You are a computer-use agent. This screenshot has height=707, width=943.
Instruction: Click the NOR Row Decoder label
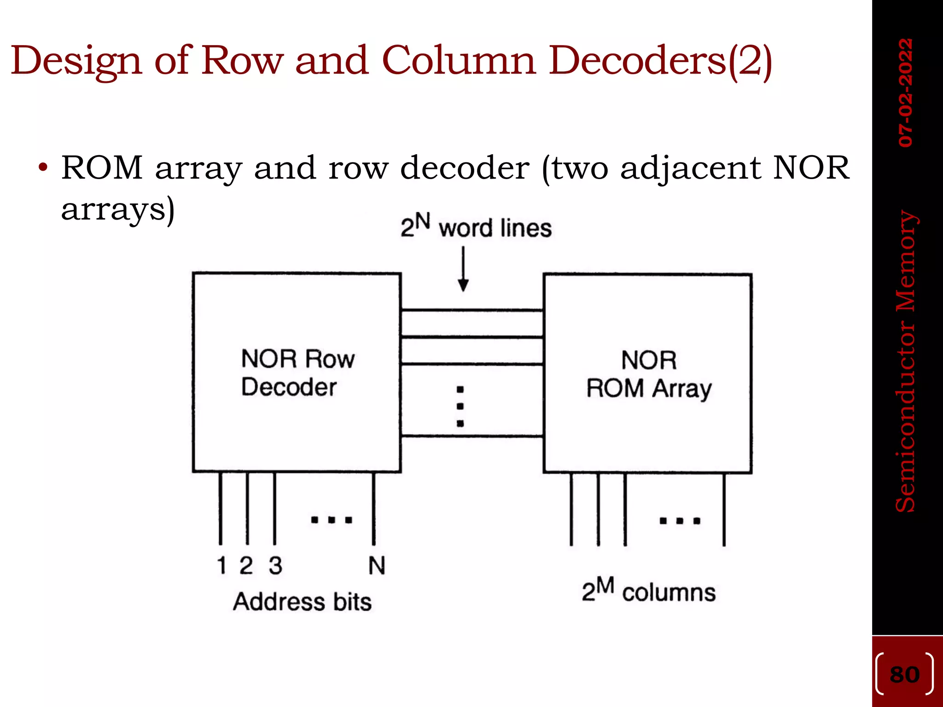[297, 372]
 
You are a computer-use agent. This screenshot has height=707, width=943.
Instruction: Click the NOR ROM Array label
[649, 374]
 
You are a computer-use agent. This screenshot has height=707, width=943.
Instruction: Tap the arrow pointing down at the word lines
[463, 270]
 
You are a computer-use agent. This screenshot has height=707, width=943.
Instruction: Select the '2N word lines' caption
[476, 226]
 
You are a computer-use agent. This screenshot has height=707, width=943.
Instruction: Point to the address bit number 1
[221, 565]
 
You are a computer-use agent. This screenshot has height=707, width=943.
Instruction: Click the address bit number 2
[246, 565]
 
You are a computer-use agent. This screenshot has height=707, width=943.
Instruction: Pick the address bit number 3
[275, 565]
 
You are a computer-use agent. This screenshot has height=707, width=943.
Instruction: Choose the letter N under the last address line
[377, 565]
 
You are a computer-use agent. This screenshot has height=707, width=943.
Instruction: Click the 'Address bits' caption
[302, 602]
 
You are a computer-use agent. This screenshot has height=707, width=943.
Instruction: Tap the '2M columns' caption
[648, 591]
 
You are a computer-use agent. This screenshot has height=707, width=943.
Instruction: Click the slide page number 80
[905, 675]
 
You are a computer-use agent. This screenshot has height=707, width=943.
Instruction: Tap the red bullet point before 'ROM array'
[43, 168]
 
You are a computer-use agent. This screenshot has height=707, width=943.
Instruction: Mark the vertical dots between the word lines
[460, 406]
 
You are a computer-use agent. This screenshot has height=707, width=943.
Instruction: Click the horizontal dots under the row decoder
[332, 520]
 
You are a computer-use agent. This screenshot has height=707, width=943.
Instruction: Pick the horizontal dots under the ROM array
[680, 521]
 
